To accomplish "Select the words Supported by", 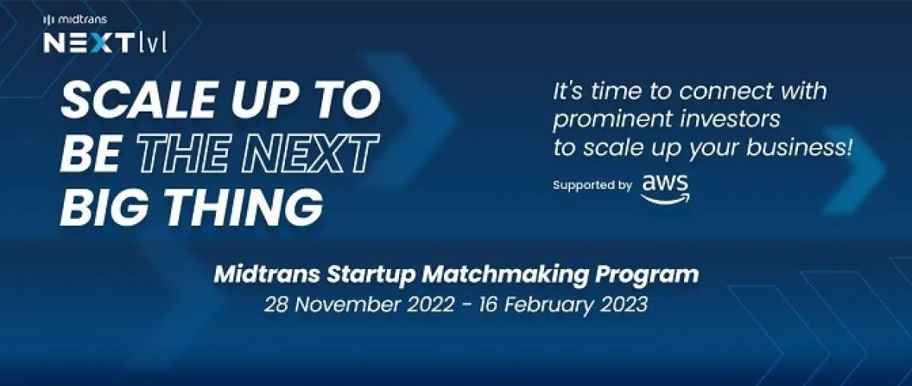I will pos(592,185).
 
